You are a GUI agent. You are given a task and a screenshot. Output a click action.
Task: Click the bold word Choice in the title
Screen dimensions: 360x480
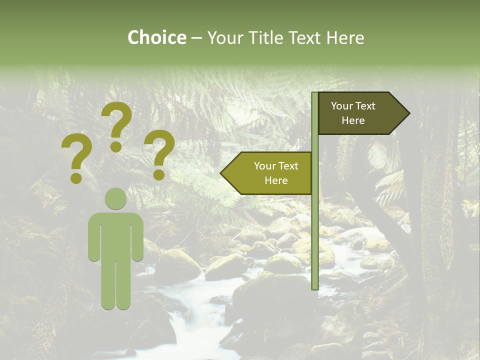[156, 37]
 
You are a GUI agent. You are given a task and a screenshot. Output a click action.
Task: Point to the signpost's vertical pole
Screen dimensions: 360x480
[315, 225]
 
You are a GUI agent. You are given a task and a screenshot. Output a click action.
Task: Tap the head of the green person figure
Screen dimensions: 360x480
[116, 198]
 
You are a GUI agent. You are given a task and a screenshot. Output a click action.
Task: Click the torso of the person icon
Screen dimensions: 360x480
[116, 235]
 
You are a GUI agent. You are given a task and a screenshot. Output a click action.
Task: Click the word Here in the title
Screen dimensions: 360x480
[345, 37]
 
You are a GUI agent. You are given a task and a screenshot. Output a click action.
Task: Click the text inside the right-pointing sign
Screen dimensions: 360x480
[353, 113]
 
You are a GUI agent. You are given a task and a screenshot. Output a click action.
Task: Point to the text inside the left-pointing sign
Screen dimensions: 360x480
[275, 173]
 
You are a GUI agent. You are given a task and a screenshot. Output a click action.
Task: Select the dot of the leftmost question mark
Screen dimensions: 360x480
[76, 177]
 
